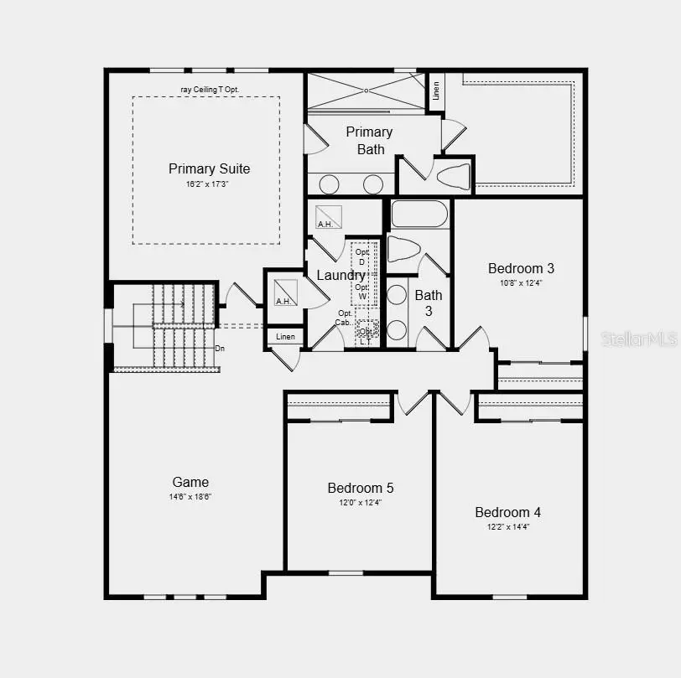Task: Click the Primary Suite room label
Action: [x=209, y=168]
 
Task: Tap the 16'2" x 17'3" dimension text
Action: [x=208, y=184]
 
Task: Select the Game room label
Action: [x=190, y=482]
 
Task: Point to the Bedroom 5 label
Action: [x=361, y=488]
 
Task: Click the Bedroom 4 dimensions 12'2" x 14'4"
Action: [x=508, y=527]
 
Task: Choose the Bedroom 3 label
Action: [x=521, y=268]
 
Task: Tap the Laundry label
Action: [x=340, y=276]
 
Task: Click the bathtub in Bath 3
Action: [x=419, y=215]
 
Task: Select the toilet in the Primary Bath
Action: [x=454, y=177]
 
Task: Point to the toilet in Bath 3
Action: [x=403, y=250]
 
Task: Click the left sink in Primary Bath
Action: [x=330, y=184]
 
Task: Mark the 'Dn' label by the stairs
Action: [x=220, y=348]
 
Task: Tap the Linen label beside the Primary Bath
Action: [x=436, y=91]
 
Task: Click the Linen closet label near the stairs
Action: [x=284, y=337]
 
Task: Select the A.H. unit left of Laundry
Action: [x=285, y=292]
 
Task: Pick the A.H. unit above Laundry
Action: [x=328, y=217]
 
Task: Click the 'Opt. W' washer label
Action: [x=362, y=292]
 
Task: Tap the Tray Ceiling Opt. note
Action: [x=210, y=90]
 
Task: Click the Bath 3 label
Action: [x=428, y=303]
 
